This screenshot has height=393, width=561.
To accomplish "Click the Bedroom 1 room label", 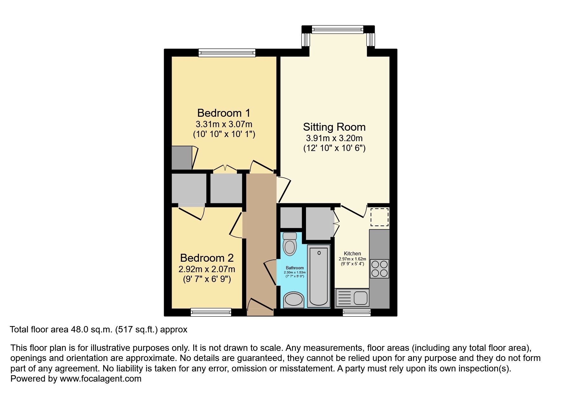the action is tap(224, 113).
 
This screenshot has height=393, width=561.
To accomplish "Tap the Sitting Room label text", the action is tap(334, 127).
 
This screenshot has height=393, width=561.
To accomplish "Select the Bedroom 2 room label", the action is tap(207, 258).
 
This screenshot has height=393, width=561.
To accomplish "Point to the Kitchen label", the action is tap(352, 254).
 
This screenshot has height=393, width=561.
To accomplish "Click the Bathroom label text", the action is tap(295, 268).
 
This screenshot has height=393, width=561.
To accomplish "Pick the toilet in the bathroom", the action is tap(290, 244).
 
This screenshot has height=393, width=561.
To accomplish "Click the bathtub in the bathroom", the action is tap(319, 276).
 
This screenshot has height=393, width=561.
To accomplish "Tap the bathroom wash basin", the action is tap(294, 300).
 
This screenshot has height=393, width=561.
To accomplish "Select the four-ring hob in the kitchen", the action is tap(379, 269).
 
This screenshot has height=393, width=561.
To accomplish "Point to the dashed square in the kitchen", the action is tap(379, 217).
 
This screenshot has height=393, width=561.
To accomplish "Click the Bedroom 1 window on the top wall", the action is tap(227, 53).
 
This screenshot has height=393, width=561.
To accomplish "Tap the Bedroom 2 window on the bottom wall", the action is tap(211, 312).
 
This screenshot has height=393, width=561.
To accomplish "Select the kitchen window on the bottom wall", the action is tap(357, 312).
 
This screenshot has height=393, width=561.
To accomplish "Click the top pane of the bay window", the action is tap(338, 29).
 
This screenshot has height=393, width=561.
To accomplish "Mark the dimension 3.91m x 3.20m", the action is tap(334, 138).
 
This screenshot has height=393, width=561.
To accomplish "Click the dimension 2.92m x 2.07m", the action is tap(207, 269).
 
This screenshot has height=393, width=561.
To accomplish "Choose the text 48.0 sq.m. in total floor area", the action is tap(91, 330).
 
